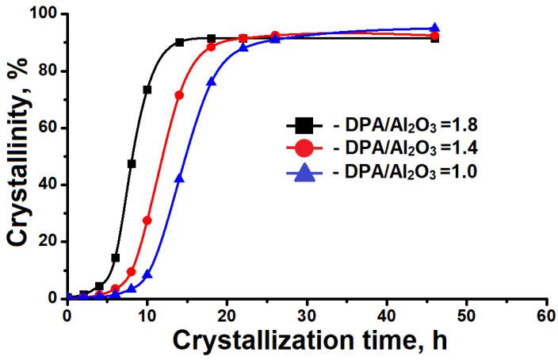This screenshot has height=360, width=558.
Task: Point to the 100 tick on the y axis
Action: pos(45,14)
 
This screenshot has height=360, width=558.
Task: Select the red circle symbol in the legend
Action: pos(307,147)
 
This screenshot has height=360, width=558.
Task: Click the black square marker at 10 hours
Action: pos(147,90)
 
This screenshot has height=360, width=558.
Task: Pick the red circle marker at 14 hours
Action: pos(179,95)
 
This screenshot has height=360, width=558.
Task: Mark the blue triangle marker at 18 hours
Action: pos(211,82)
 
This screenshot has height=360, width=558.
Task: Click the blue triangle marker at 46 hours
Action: pos(434,29)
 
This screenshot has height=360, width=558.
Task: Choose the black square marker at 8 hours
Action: pos(132,163)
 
